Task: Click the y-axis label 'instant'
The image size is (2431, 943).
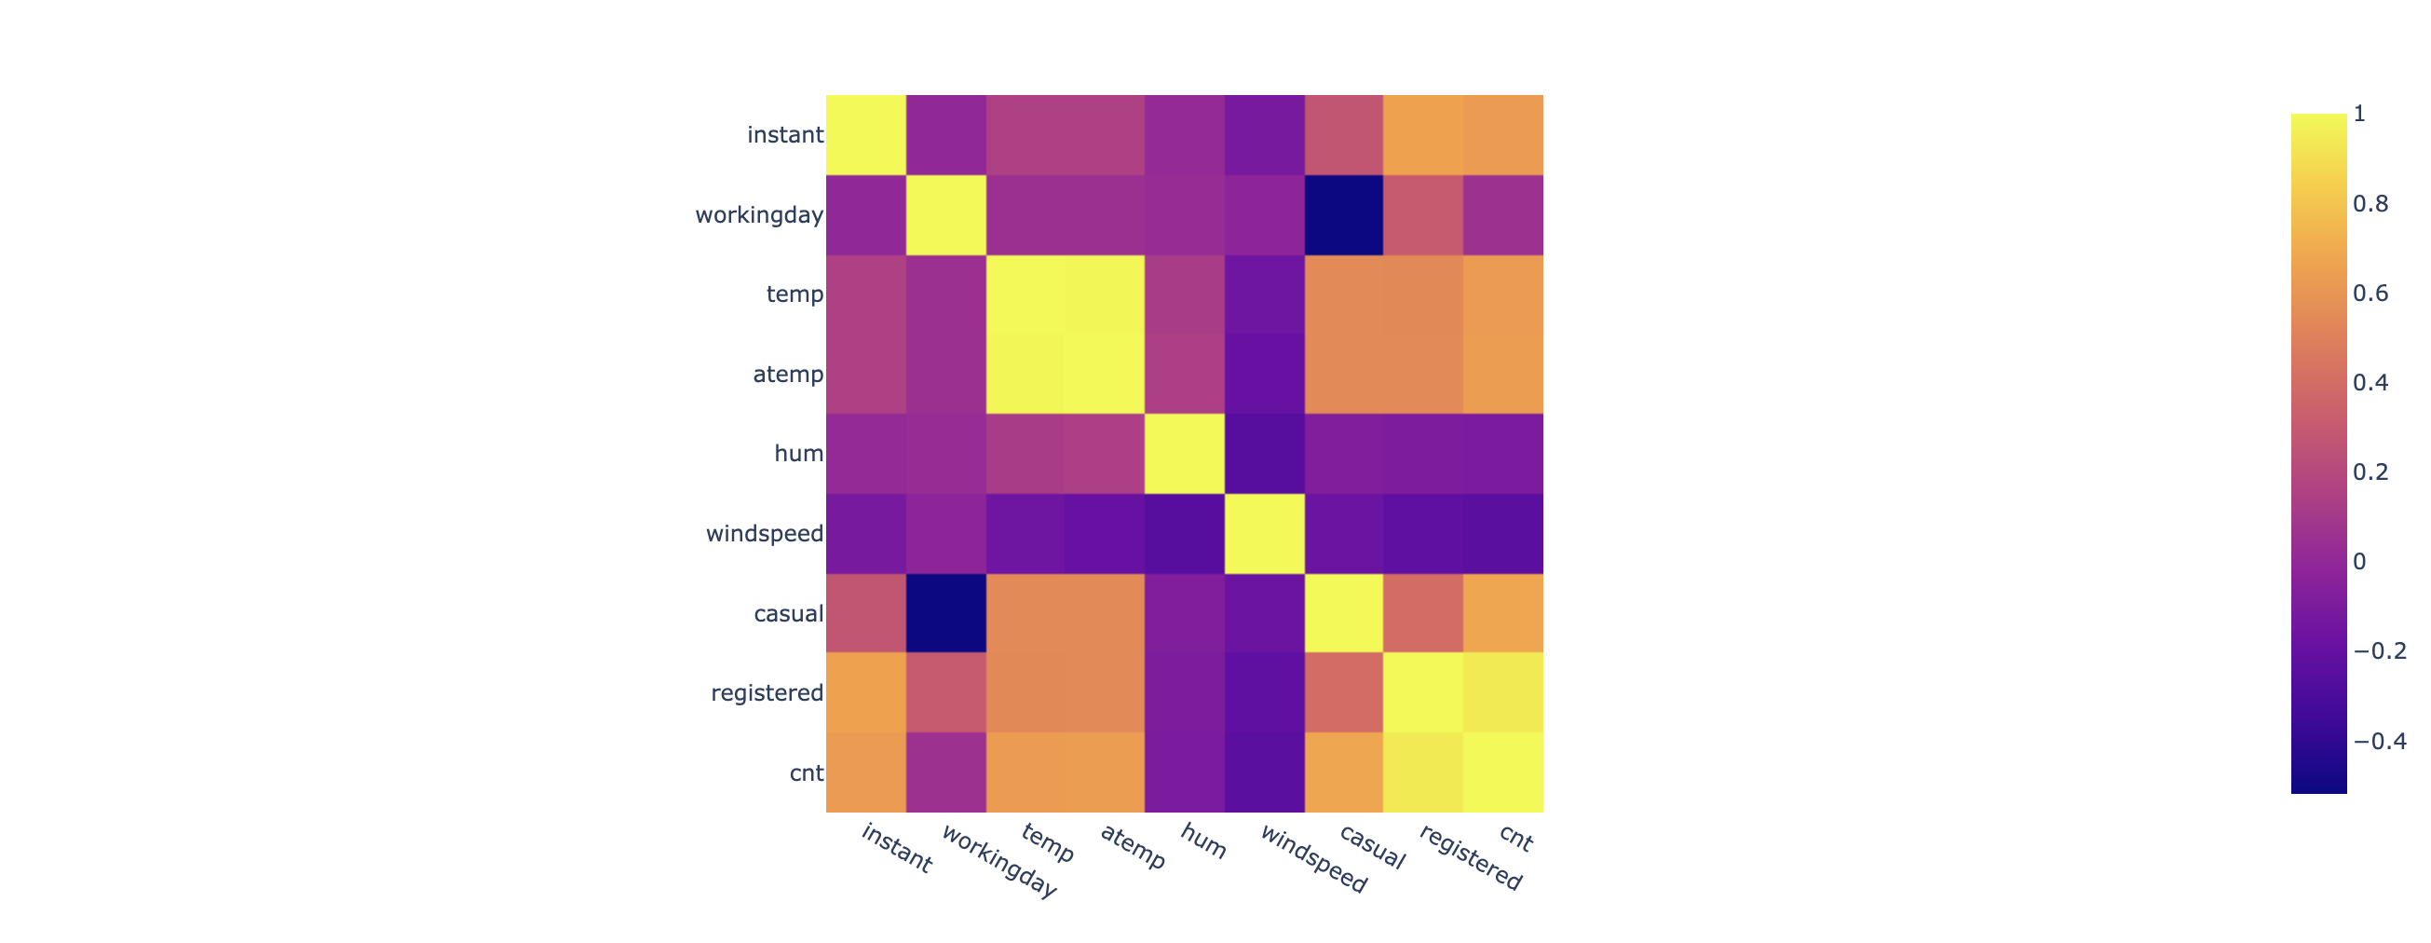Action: point(784,135)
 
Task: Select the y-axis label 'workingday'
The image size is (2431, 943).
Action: point(759,215)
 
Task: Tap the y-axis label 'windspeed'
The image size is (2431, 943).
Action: point(765,534)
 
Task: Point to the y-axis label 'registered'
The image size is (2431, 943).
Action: point(767,694)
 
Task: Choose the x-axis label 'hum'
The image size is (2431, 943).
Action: point(1203,841)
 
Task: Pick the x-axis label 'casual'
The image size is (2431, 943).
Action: point(1372,847)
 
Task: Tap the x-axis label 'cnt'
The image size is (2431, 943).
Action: point(1515,839)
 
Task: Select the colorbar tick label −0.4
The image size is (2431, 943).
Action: point(2379,741)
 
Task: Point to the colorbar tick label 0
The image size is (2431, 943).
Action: point(2359,562)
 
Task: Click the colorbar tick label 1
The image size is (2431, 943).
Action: point(2359,115)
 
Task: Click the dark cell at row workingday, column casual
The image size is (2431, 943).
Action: point(1344,215)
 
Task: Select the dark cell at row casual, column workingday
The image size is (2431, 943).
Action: point(945,613)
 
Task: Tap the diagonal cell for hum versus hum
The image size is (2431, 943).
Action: point(1185,454)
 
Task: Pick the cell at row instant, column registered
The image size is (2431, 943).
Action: point(1423,135)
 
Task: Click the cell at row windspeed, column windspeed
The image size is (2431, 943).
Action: point(1265,534)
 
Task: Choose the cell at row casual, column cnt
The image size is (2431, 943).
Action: point(1503,613)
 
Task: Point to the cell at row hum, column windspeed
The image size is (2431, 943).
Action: point(1265,454)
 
